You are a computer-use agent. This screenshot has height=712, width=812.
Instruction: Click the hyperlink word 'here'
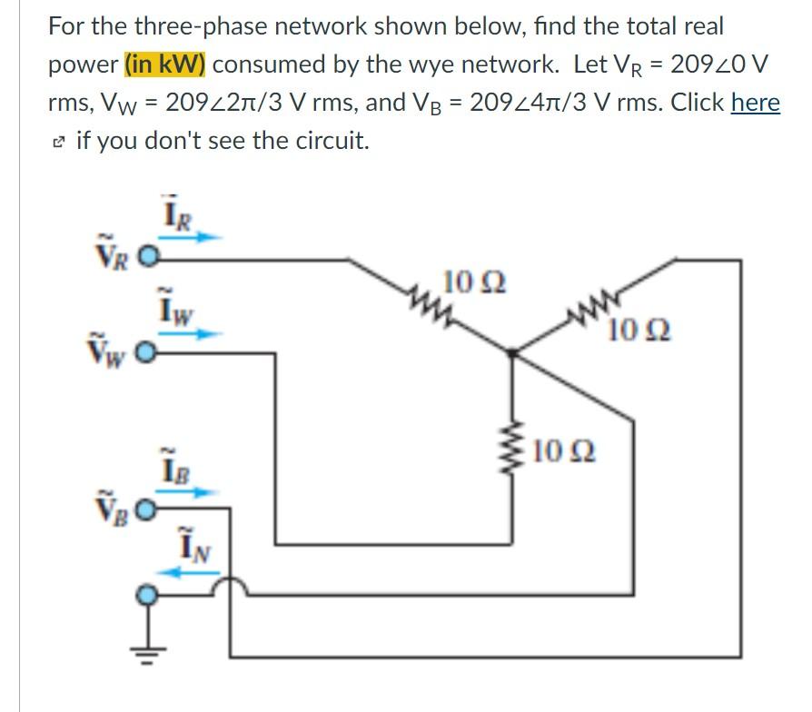click(755, 103)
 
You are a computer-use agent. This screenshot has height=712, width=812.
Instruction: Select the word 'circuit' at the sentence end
click(332, 141)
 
